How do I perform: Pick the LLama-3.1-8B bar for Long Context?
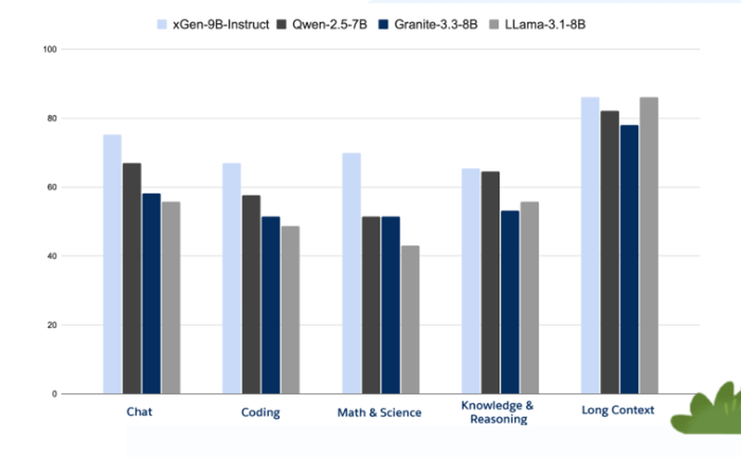tap(648, 245)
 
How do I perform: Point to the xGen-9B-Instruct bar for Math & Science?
tap(351, 273)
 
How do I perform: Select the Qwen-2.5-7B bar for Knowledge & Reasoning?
tap(491, 282)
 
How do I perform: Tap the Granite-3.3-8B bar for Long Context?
tap(629, 259)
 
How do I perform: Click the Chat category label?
tap(139, 411)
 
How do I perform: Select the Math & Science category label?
tap(379, 412)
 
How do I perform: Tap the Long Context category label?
tap(618, 409)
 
